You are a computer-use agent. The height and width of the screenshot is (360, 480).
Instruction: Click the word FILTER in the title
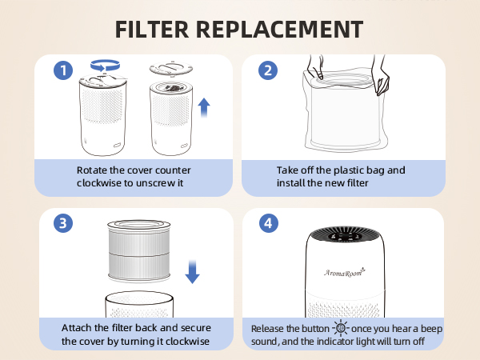[x=158, y=29]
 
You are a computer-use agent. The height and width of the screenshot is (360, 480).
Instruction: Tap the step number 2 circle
[x=267, y=70]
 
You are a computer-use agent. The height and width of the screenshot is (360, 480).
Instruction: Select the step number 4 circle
[x=267, y=223]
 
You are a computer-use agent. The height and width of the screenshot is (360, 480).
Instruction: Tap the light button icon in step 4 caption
[x=340, y=329]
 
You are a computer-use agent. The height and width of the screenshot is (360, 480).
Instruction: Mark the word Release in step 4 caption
[x=270, y=329]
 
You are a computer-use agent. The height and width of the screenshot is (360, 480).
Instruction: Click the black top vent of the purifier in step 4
[x=344, y=237]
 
